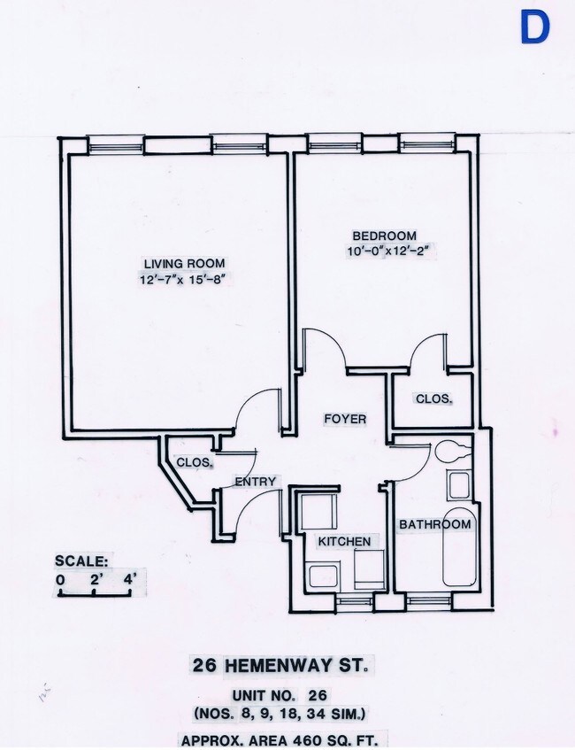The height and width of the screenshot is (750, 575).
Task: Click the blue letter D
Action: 533,27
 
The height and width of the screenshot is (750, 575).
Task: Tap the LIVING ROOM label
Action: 184,263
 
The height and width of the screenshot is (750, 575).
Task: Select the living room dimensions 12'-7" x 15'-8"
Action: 184,280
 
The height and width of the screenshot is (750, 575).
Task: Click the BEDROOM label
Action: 384,236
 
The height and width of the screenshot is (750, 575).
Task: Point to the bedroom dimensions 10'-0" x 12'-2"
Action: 393,251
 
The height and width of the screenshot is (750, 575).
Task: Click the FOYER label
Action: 344,419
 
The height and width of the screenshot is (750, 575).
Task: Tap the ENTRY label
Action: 256,482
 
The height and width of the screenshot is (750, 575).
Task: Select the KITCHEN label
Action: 344,541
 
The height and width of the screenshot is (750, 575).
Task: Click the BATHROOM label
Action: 434,524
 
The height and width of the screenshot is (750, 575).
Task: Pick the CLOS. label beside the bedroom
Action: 433,399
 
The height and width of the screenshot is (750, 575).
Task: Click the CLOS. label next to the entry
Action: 193,462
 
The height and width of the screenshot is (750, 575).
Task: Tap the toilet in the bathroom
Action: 453,451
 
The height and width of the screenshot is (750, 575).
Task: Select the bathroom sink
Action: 458,485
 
